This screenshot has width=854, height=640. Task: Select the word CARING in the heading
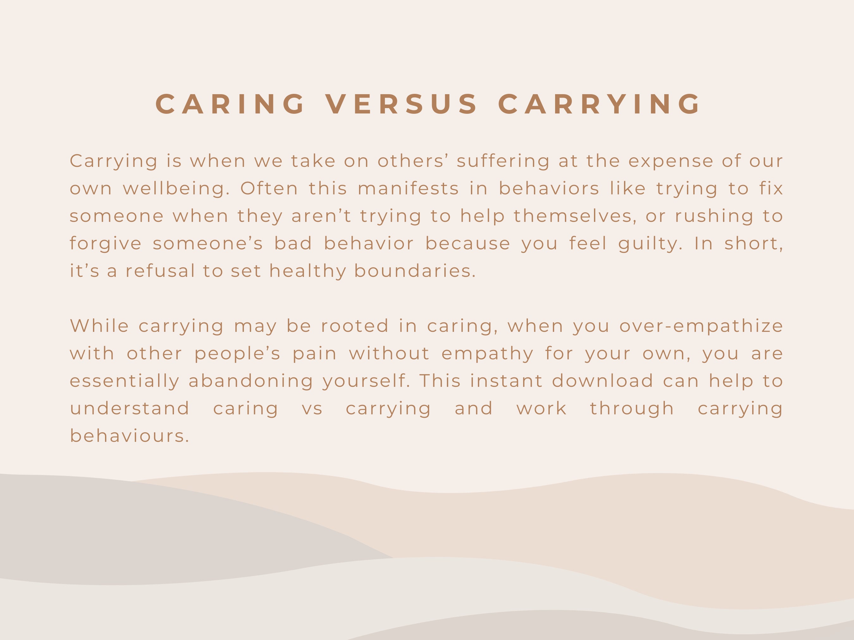tap(231, 104)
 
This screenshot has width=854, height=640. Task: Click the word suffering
tap(503, 161)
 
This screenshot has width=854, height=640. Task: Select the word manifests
tap(408, 189)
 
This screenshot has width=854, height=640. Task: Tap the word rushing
tap(714, 216)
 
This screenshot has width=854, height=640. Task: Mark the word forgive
tap(106, 244)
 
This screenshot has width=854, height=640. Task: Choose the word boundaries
tap(415, 271)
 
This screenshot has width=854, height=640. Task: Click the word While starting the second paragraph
tap(99, 326)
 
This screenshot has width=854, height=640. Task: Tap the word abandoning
tap(251, 381)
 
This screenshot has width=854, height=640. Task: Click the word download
tap(603, 381)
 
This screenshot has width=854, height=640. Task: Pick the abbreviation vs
tap(312, 409)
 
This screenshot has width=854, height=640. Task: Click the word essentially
tap(125, 381)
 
